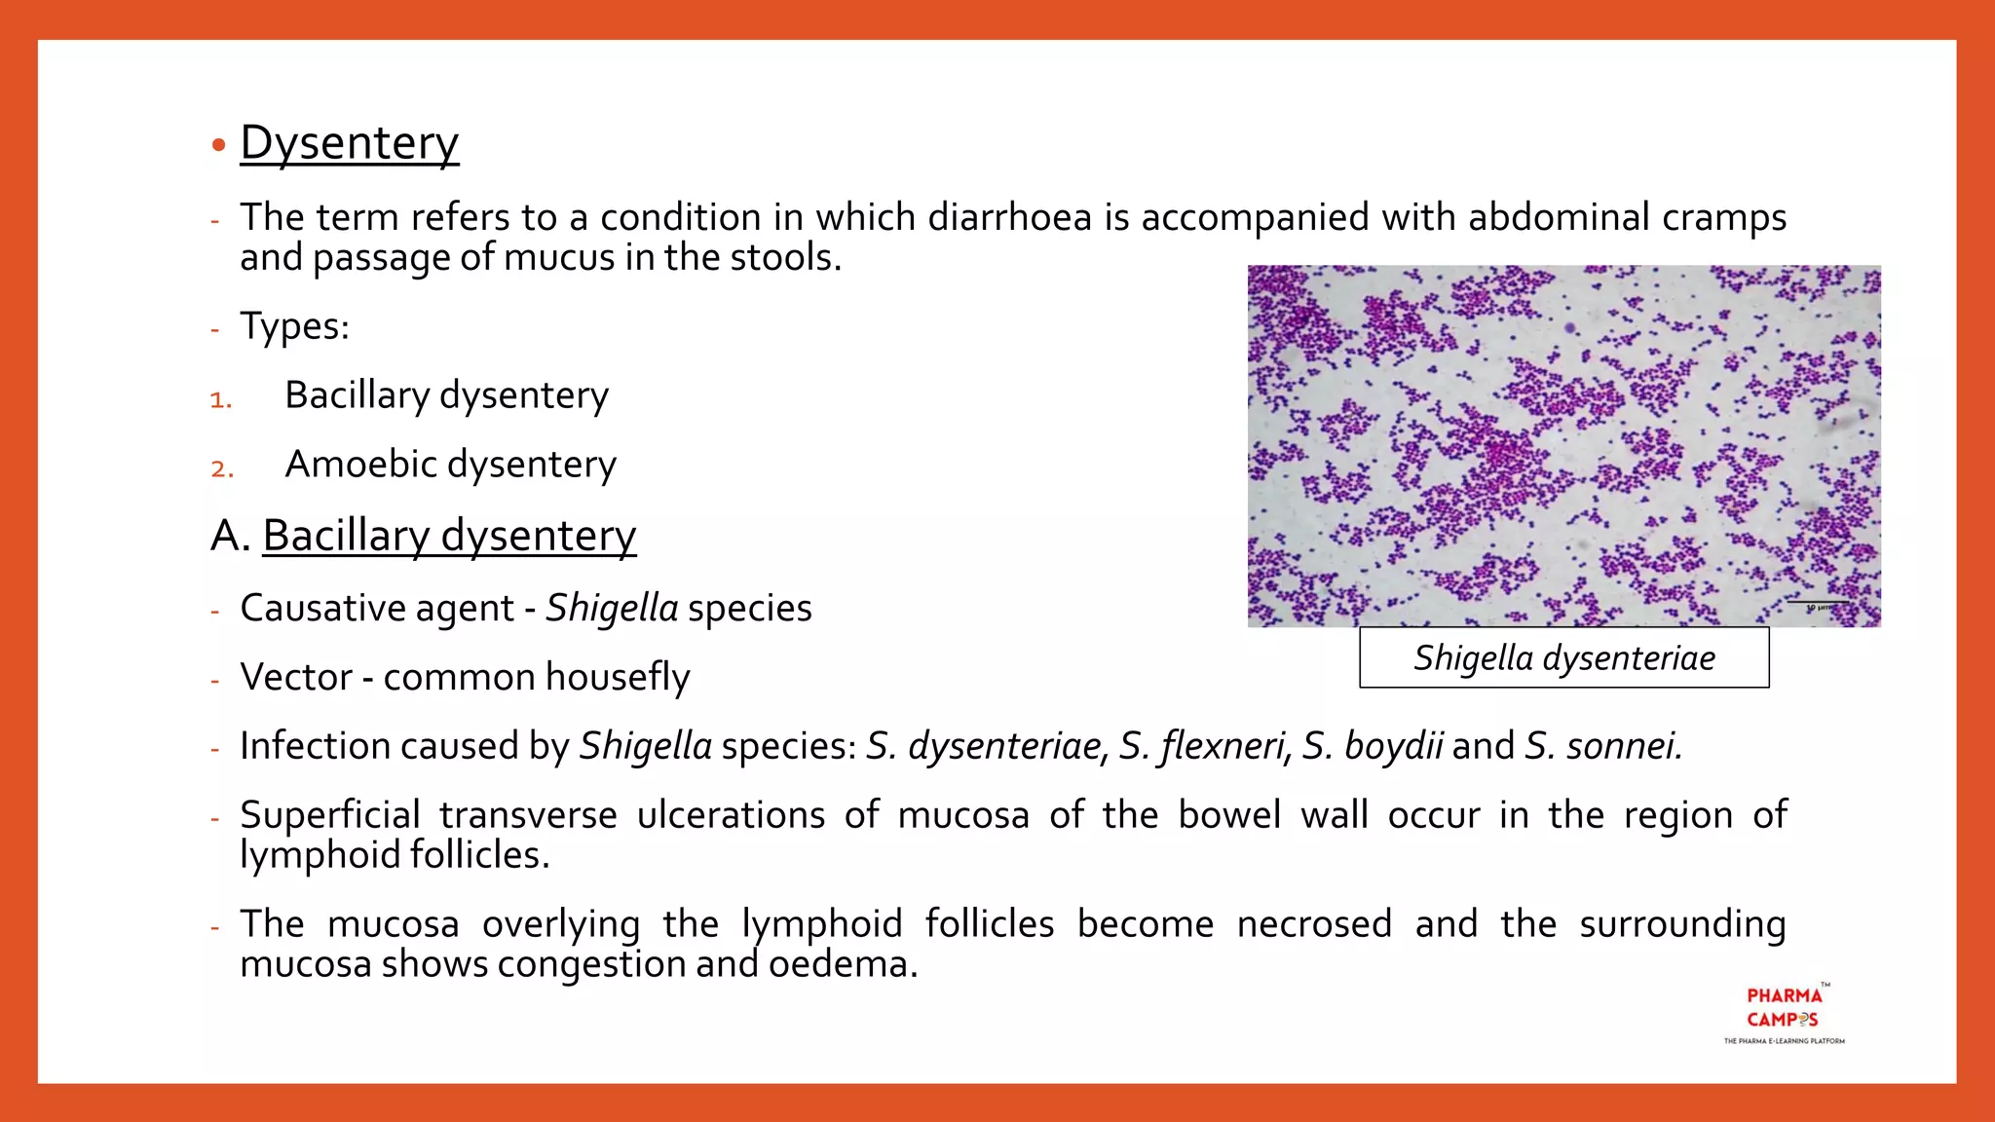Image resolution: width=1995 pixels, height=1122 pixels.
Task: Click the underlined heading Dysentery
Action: click(x=349, y=143)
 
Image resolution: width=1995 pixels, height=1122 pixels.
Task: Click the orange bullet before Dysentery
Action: click(x=219, y=146)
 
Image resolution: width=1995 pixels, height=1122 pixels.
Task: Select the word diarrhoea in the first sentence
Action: click(x=1009, y=217)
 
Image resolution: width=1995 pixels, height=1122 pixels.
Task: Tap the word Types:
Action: click(x=294, y=326)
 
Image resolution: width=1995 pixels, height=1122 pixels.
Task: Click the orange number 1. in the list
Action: click(x=221, y=399)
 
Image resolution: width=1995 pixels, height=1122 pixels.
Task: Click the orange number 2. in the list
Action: click(x=222, y=468)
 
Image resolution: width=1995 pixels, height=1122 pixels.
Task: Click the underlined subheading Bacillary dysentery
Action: click(x=449, y=536)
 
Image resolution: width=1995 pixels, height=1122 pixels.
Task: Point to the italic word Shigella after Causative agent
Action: click(x=612, y=608)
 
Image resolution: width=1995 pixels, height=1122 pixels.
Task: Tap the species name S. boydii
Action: click(x=1373, y=746)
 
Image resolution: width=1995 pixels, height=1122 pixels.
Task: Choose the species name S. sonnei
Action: click(x=1602, y=746)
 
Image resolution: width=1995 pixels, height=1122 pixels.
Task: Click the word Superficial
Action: click(x=330, y=815)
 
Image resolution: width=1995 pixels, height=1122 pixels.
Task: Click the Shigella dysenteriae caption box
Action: click(x=1563, y=658)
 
